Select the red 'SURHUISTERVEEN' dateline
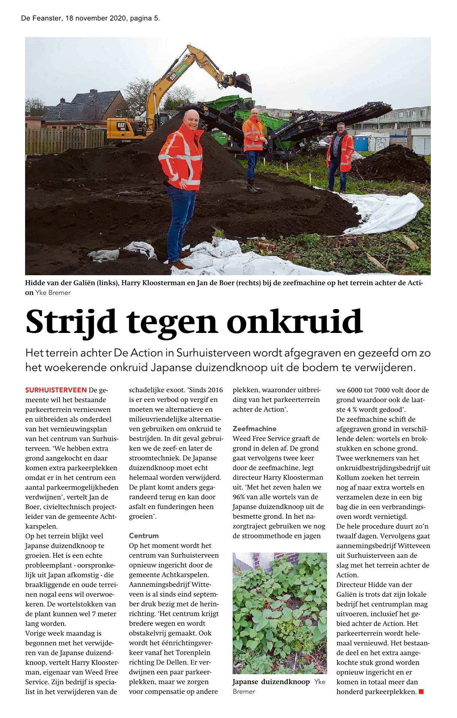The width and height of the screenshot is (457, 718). click(x=56, y=390)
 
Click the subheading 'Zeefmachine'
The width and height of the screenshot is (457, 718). click(x=254, y=429)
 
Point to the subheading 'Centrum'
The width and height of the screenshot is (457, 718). click(x=144, y=536)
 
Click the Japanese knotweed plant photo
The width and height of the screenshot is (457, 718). click(x=279, y=613)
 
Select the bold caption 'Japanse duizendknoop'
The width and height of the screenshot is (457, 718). click(x=271, y=682)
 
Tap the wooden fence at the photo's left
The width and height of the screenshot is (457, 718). click(x=64, y=141)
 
